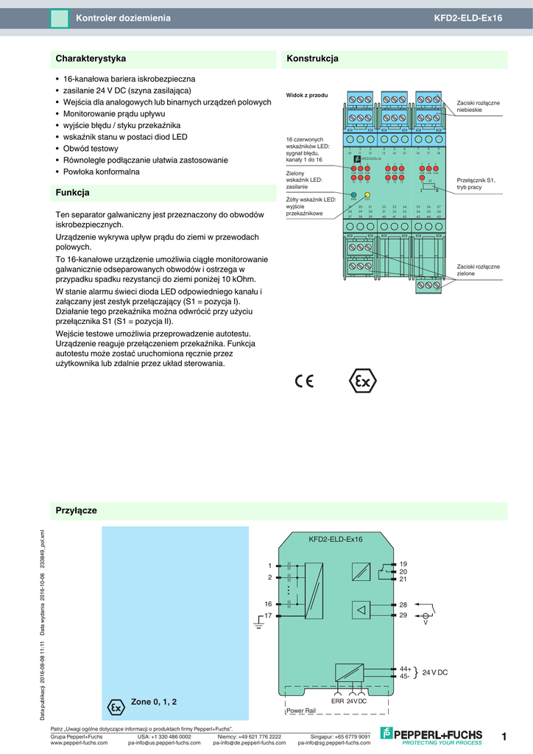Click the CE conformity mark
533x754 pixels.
pos(304,381)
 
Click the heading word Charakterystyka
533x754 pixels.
pos(91,58)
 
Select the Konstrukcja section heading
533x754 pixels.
pos(312,58)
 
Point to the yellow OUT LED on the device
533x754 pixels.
pos(367,195)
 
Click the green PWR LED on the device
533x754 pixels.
pos(354,195)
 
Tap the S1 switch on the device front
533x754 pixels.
pos(430,186)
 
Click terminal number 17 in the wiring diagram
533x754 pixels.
pos(269,615)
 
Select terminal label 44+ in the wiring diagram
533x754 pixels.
pos(405,669)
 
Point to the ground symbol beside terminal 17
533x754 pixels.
pos(258,625)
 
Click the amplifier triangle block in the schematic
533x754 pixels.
pos(361,610)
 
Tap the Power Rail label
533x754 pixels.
pos(300,711)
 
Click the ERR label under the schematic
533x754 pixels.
pos(338,702)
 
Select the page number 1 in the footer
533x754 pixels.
pos(504,736)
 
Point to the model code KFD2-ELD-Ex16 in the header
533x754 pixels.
pos(467,18)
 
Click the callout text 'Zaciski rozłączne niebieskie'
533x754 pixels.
pos(478,106)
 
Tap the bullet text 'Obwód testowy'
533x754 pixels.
pos(91,148)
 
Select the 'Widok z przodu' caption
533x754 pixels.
pos(307,95)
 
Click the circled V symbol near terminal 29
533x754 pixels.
pos(425,616)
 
